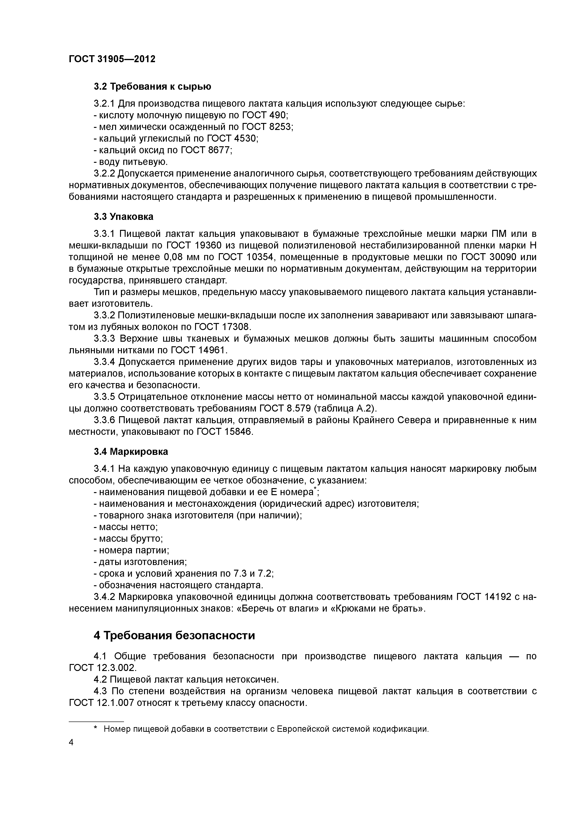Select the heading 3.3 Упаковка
(124, 216)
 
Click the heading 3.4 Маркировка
(131, 452)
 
